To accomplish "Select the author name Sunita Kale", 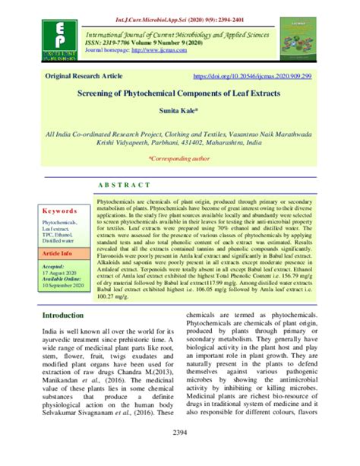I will pyautogui.click(x=179, y=110).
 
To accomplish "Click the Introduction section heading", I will pyautogui.click(x=68, y=315).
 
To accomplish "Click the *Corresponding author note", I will pyautogui.click(x=180, y=158).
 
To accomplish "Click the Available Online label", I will pyautogui.click(x=62, y=280).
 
